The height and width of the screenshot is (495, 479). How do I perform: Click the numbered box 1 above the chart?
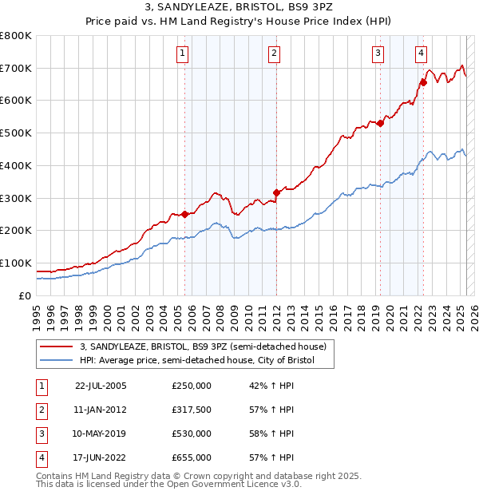pos(183,53)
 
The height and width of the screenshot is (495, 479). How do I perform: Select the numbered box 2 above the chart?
pos(274,53)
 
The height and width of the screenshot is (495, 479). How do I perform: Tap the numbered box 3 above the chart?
pos(378,53)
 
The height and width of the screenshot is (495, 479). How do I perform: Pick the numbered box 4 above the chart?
pos(421,53)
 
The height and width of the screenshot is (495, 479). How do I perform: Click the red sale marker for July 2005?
pos(184,214)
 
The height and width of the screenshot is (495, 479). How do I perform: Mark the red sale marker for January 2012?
pos(276,192)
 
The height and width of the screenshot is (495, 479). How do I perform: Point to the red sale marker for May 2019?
pos(380,122)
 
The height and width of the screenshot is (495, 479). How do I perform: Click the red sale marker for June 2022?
pos(423,81)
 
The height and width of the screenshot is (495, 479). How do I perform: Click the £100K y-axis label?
pos(16,263)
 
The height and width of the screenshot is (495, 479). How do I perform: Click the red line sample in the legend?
pos(56,347)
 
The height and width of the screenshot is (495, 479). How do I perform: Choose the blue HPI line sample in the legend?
pos(56,361)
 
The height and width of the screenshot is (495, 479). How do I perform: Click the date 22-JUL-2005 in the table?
pos(101,386)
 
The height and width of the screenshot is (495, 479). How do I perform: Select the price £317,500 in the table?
pos(192,410)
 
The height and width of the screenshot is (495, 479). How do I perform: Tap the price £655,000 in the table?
pos(192,457)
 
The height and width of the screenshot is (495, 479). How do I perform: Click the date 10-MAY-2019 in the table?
pos(100,434)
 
